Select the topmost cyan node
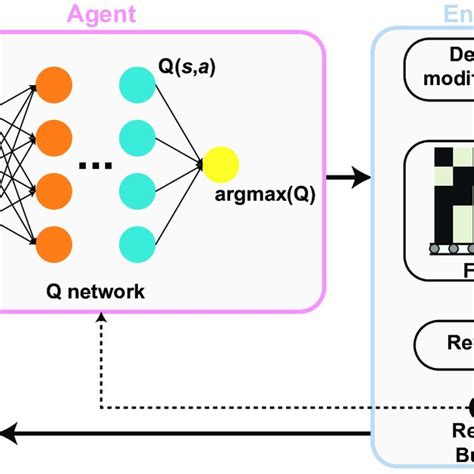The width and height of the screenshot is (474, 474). pos(137,84)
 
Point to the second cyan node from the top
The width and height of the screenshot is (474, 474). pos(137,135)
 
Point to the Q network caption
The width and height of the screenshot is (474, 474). pos(96,264)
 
